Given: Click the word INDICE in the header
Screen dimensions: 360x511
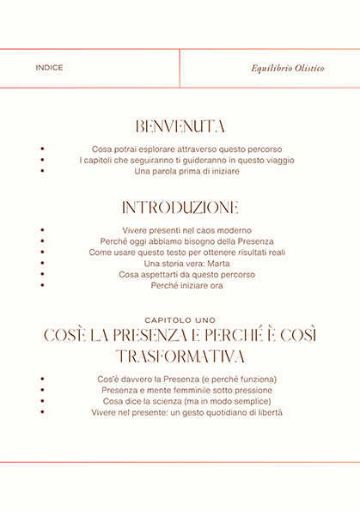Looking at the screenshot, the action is (x=50, y=68).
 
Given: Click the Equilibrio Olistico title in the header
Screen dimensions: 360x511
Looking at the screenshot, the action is (x=287, y=68).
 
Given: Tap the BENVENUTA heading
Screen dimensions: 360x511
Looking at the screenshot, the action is (x=180, y=126).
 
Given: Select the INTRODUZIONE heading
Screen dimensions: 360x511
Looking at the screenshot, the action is (x=180, y=208).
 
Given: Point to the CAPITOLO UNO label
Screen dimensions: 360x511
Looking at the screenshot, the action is (x=180, y=319).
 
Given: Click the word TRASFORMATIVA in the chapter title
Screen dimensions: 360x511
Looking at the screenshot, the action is (x=180, y=356).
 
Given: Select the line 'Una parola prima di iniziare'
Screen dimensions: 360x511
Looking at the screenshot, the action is (x=186, y=171).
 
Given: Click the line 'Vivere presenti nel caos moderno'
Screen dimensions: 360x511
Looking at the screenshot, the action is (x=186, y=230).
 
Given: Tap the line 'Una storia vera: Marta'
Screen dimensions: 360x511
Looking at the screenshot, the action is (x=186, y=264).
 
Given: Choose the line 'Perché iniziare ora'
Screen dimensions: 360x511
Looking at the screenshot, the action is (x=186, y=286).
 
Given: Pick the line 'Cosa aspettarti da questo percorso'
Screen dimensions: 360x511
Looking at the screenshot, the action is (x=186, y=275).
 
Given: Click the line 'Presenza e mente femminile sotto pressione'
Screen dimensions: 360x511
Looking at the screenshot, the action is (x=186, y=390).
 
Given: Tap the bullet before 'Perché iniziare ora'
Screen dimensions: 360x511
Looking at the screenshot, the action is (x=42, y=286).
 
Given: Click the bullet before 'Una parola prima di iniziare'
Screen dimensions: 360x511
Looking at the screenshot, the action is (x=42, y=171).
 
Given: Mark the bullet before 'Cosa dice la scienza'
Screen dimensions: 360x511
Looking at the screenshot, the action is (x=42, y=401).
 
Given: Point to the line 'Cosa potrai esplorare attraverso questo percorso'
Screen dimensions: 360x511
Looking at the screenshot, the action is (x=186, y=149).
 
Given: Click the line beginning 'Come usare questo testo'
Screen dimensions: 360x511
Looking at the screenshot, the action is (x=186, y=252).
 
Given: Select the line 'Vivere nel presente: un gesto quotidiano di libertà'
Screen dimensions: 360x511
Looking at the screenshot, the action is (x=186, y=412).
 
